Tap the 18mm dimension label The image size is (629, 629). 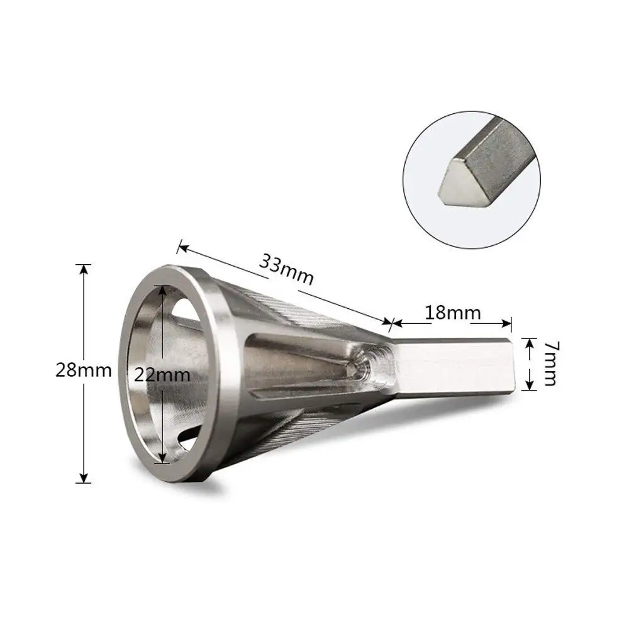point(452,313)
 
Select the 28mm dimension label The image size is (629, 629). point(83,370)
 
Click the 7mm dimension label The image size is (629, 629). point(548,364)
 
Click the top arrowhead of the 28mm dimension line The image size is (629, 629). point(83,268)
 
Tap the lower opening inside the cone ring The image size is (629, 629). point(182,440)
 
